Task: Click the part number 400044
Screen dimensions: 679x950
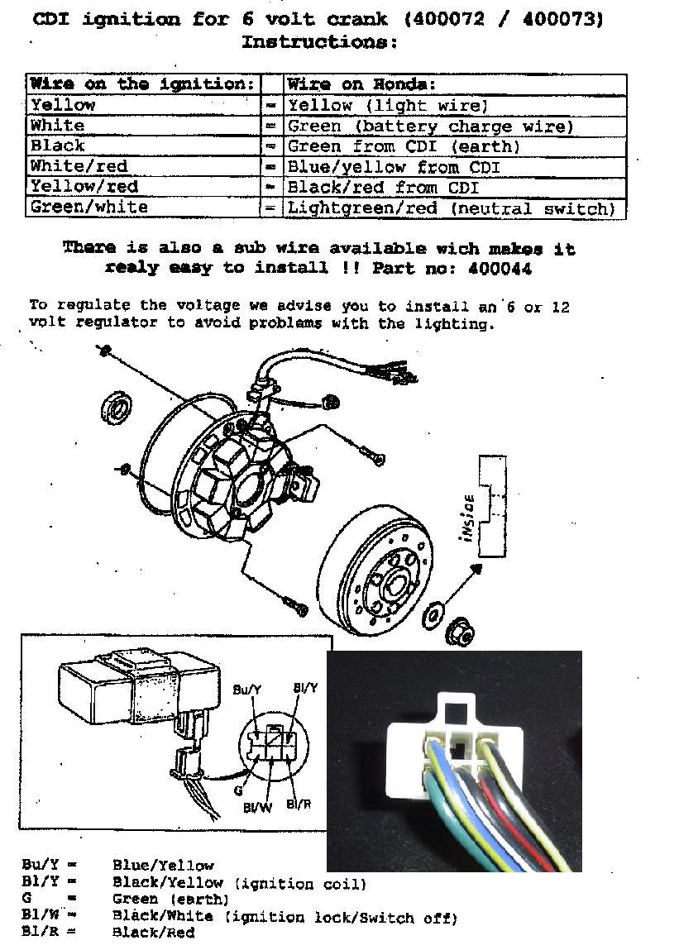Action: point(500,269)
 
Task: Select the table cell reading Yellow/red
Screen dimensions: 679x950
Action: point(144,187)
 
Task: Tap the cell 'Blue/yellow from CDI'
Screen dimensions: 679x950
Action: point(455,167)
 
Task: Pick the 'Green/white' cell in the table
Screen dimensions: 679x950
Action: point(144,208)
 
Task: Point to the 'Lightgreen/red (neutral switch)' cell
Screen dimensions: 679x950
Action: point(455,208)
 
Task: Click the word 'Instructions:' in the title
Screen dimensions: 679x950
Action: point(319,42)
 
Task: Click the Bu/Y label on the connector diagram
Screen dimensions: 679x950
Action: point(246,690)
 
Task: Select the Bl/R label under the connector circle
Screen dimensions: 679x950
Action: point(299,804)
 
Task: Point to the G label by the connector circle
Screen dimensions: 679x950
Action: point(238,790)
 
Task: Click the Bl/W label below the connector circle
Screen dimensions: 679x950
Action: point(258,807)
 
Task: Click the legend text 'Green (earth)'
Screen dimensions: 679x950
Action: point(171,899)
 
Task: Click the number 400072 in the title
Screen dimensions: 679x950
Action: point(447,19)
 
